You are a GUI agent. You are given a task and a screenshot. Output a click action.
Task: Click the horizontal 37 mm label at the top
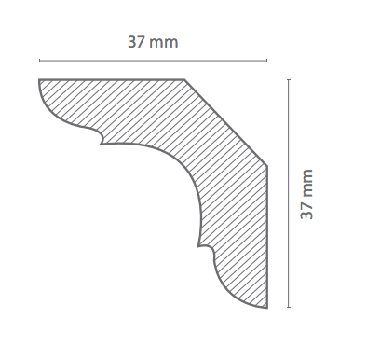tap(153, 42)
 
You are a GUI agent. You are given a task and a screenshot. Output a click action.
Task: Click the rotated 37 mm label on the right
tap(306, 194)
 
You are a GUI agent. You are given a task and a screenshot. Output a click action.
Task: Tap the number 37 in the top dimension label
tap(136, 42)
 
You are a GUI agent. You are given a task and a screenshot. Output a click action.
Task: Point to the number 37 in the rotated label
tap(306, 211)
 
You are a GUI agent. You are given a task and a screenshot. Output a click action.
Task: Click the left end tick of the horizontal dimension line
tap(39, 61)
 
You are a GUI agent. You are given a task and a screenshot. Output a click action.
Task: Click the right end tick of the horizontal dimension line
tap(266, 61)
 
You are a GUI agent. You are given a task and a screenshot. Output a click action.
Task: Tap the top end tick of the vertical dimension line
tap(289, 80)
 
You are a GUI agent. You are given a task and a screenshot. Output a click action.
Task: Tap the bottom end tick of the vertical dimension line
tap(289, 307)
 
